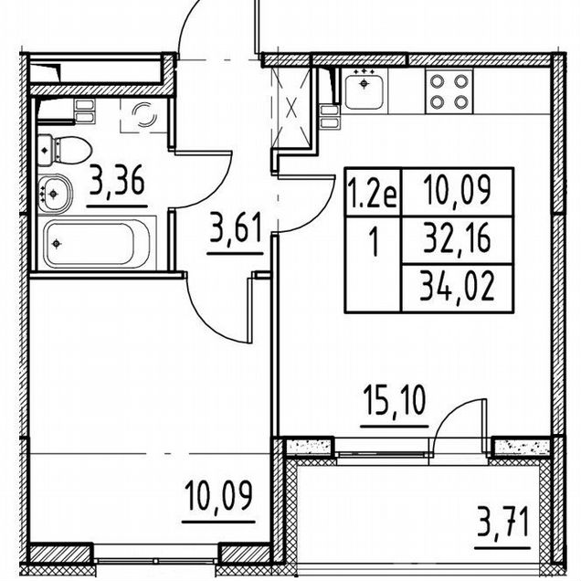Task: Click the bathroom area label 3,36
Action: pyautogui.click(x=117, y=181)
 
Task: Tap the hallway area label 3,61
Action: pyautogui.click(x=236, y=227)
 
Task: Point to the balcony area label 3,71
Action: pyautogui.click(x=502, y=522)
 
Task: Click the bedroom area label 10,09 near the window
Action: pyautogui.click(x=219, y=495)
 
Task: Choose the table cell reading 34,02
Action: pyautogui.click(x=458, y=288)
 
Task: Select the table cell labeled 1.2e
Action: pyautogui.click(x=374, y=193)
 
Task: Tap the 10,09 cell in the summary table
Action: pyautogui.click(x=458, y=193)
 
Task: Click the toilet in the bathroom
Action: pyautogui.click(x=64, y=151)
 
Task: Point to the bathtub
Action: pyautogui.click(x=97, y=243)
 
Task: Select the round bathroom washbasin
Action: pyautogui.click(x=55, y=195)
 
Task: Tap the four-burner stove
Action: pyautogui.click(x=449, y=90)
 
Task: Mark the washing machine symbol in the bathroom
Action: pyautogui.click(x=143, y=115)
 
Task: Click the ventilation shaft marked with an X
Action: pyautogui.click(x=291, y=109)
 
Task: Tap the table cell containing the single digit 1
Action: pyautogui.click(x=374, y=264)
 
